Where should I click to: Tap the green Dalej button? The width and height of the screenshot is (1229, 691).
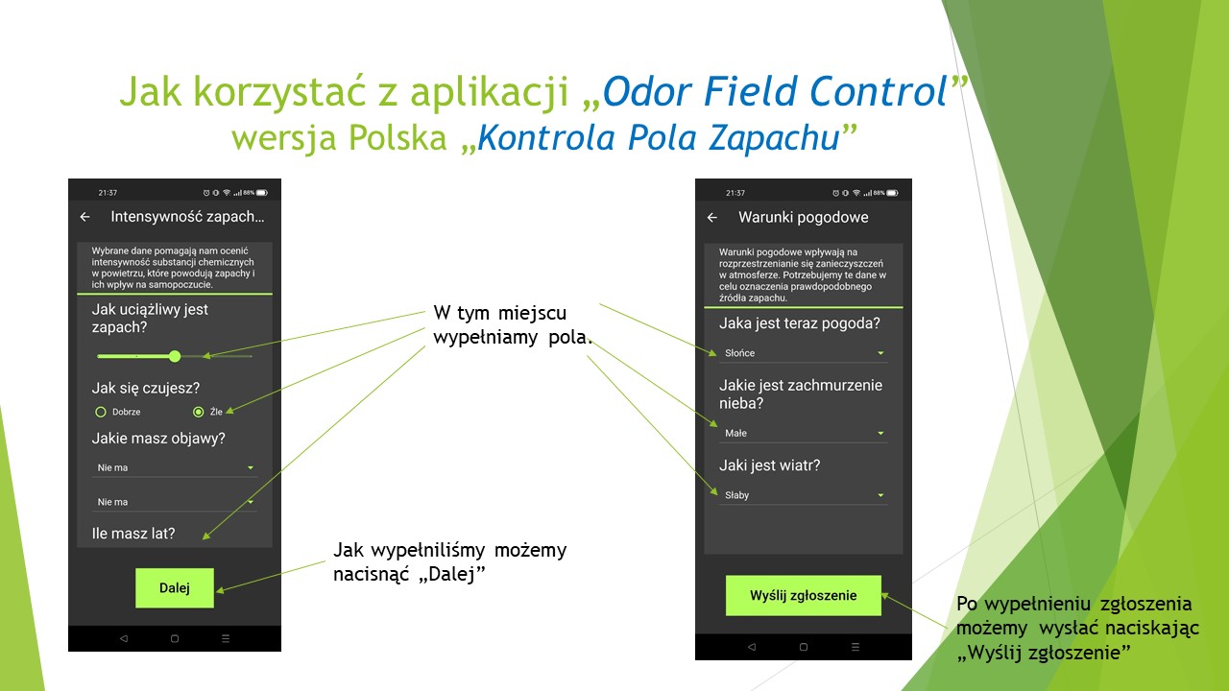click(174, 588)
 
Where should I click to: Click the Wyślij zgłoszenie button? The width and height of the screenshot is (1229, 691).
click(803, 596)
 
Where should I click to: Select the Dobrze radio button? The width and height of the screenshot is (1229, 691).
click(101, 412)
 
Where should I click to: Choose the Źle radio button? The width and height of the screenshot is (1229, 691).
click(199, 412)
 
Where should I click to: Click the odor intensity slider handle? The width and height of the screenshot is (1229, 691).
click(175, 356)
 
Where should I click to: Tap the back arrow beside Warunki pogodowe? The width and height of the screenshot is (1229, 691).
click(712, 218)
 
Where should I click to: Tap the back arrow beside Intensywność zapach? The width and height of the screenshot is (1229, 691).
click(85, 217)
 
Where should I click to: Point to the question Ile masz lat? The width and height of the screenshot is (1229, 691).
click(133, 533)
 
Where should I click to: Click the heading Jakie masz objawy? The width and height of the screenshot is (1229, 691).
click(158, 439)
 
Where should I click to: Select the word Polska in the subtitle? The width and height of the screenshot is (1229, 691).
click(394, 137)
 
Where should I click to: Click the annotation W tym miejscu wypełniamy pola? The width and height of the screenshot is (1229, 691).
click(514, 325)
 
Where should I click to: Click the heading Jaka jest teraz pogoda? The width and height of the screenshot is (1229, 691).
click(799, 323)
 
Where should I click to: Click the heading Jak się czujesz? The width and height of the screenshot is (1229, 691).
click(146, 388)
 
